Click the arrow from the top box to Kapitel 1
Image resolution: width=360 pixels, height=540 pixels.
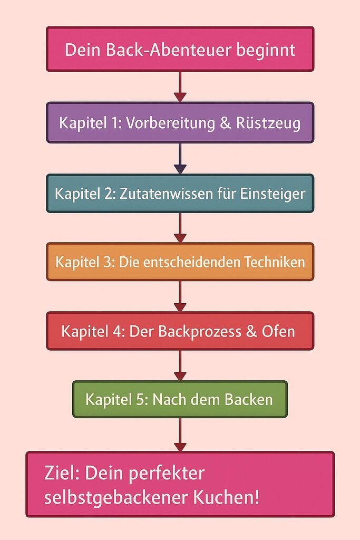(180, 86)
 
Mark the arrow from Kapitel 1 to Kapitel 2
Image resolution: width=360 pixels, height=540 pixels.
(180, 158)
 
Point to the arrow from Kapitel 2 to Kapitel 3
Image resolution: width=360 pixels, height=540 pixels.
(180, 227)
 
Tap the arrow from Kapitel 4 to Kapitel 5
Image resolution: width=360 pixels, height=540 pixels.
(180, 365)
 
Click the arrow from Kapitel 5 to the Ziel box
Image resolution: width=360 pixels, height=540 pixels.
(180, 435)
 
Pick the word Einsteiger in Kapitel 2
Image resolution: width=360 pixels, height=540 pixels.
(273, 194)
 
